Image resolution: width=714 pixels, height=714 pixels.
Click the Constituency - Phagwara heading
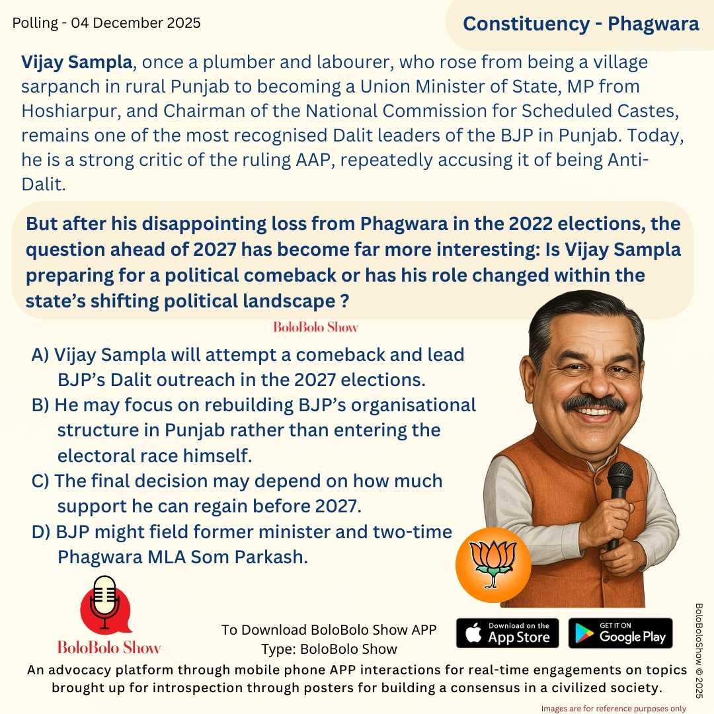point(580,24)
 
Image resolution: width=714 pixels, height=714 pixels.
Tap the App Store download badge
point(507,633)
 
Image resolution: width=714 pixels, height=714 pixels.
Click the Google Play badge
point(620,633)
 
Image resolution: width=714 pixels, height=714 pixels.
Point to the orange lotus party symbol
point(493,564)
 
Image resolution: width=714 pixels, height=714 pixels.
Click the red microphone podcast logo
point(105,606)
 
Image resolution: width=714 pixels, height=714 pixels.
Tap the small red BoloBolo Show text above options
point(315,327)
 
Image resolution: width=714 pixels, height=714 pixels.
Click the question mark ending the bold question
point(344,301)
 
